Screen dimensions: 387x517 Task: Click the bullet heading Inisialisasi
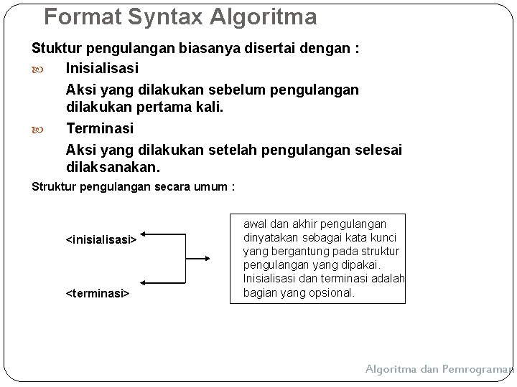[x=102, y=69]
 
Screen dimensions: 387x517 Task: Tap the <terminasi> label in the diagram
[x=98, y=293]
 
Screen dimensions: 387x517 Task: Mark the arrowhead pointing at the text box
[x=207, y=259]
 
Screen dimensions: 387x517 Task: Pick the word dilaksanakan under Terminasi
[x=113, y=167]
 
